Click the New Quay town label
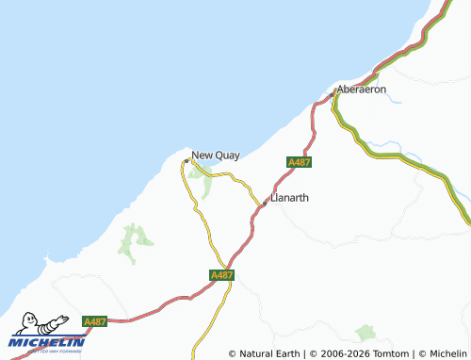[216, 155]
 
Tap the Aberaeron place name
[362, 90]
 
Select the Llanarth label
[289, 198]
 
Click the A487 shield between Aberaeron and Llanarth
[299, 162]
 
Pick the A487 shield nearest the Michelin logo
[94, 321]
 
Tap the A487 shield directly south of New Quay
[221, 274]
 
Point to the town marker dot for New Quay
[187, 159]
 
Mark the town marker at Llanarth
[265, 202]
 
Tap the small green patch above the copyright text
[365, 333]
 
